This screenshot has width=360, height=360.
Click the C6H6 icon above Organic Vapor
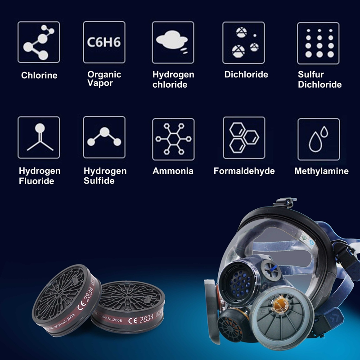coord(104,42)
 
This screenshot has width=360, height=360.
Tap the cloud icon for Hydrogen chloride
coord(173,42)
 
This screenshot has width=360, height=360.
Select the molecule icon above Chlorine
coord(39,42)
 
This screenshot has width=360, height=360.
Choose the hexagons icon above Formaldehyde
coord(243,138)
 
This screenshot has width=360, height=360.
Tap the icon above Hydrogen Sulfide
coord(104,137)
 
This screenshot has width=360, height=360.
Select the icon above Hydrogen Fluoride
coord(39,137)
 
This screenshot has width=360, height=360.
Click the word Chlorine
coord(39,76)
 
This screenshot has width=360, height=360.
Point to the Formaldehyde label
coord(244,171)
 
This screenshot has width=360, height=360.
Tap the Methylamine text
coord(321,171)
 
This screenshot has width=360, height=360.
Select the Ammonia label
coord(173,171)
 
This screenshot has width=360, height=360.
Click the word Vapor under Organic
coord(100,83)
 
